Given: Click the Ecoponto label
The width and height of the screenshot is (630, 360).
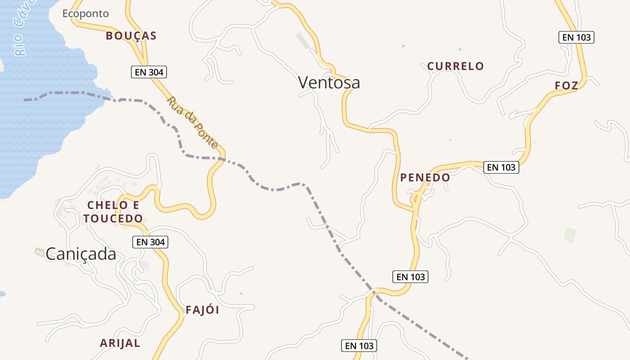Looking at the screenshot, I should [x=85, y=13].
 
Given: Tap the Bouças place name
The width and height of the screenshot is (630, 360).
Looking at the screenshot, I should [x=131, y=36].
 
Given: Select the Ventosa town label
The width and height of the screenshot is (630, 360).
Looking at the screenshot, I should [x=329, y=82].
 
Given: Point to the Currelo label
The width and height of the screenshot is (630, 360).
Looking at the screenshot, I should [x=455, y=66].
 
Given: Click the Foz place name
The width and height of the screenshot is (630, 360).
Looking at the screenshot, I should [x=567, y=85].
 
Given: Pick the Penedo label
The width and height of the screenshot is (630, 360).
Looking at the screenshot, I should [x=425, y=177].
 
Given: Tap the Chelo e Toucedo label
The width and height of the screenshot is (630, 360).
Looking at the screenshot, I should [x=113, y=212].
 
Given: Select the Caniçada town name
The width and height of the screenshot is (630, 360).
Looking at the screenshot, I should [x=81, y=254].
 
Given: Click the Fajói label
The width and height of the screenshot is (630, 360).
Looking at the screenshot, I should [x=202, y=310].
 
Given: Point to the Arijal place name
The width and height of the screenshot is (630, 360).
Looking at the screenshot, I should [x=120, y=343].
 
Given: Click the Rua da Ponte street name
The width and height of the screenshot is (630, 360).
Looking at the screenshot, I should [x=193, y=122].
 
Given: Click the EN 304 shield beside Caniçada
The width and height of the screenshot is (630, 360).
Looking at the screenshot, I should [x=150, y=242].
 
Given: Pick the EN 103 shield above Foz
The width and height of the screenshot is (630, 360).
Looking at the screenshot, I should [x=576, y=37].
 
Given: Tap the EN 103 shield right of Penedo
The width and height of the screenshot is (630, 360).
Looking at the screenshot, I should [x=501, y=167].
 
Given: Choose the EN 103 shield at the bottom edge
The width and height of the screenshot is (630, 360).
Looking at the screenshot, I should [x=359, y=346].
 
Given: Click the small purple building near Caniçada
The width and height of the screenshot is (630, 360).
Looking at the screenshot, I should [x=144, y=265].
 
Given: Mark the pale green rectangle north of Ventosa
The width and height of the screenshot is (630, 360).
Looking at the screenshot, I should [x=303, y=41].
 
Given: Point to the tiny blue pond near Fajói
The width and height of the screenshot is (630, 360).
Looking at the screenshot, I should [x=242, y=293].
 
